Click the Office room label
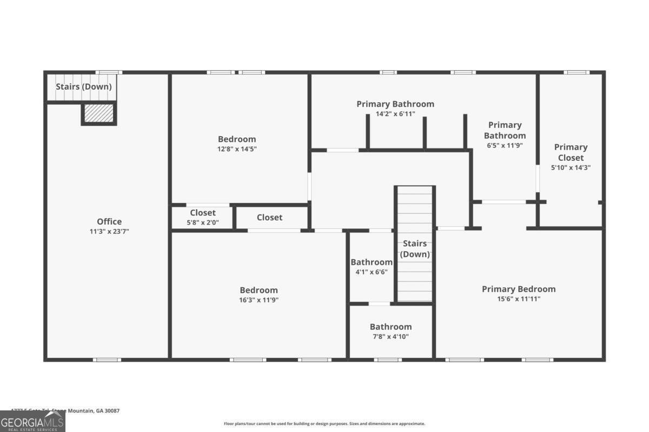(109, 221)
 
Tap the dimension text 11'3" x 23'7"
(109, 231)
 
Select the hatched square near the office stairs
(99, 113)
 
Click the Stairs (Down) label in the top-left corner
(84, 86)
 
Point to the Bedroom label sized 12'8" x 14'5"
(237, 139)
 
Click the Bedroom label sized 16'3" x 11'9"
(259, 290)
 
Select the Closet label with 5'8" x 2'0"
(203, 213)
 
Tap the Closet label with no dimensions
(269, 217)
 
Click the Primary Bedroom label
(519, 289)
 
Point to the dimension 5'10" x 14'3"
(571, 167)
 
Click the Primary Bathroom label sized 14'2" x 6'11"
(395, 104)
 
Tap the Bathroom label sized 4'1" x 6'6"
(372, 262)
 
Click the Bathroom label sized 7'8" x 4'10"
(390, 327)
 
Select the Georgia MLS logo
(32, 421)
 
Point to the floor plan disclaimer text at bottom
(325, 424)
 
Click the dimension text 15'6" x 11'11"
(519, 299)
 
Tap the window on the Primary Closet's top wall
(576, 72)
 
